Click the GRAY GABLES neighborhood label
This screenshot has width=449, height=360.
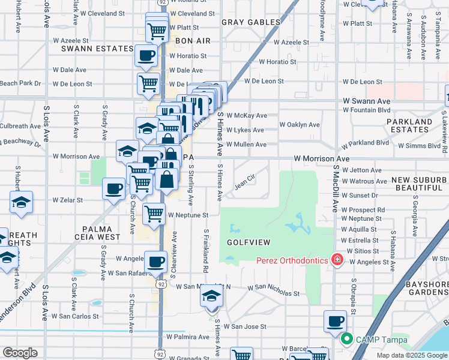click(251, 22)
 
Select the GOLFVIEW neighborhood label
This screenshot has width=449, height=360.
click(249, 242)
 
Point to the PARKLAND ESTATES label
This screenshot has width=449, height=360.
click(418, 125)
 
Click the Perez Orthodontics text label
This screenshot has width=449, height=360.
click(292, 260)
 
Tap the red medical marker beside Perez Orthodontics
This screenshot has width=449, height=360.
click(337, 260)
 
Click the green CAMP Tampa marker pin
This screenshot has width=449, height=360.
click(346, 340)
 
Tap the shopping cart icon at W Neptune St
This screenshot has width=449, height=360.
click(154, 213)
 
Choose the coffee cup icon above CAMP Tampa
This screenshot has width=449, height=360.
click(335, 320)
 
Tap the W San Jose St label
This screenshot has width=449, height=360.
click(249, 327)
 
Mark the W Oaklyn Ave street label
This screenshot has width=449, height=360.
click(300, 125)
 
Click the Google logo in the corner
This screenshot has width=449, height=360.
click(20, 353)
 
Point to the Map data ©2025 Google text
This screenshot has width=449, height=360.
click(411, 355)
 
